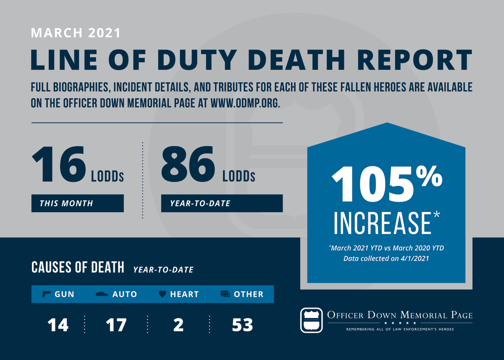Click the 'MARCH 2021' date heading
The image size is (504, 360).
tap(76, 33)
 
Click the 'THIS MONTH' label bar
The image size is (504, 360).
tap(77, 203)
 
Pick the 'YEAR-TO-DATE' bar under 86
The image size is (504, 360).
tap(221, 203)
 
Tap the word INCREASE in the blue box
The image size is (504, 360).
tap(383, 223)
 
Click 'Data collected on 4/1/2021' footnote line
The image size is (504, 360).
tap(386, 258)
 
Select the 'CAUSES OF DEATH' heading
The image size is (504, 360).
tap(78, 267)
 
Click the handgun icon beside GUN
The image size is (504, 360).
tap(47, 294)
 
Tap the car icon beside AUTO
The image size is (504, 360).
tap(102, 294)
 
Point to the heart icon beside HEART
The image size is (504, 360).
tap(162, 294)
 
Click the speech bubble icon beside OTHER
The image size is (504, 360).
tap(225, 294)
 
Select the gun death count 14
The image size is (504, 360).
tap(58, 325)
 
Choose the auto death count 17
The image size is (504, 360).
tap(116, 325)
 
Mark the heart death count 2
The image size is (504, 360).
tap(178, 325)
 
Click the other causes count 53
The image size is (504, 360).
tap(242, 325)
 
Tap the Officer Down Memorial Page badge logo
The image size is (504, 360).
tap(312, 320)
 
